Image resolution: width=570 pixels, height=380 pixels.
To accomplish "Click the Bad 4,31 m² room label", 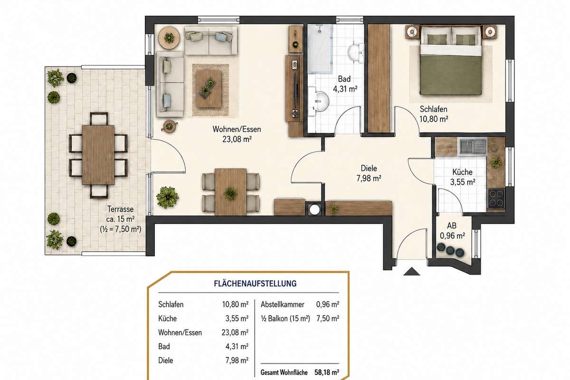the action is pyautogui.click(x=345, y=84).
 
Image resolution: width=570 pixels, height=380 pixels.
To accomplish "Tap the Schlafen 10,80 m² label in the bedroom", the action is pyautogui.click(x=434, y=114).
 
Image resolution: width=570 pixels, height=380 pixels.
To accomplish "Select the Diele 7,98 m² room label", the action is pyautogui.click(x=369, y=173).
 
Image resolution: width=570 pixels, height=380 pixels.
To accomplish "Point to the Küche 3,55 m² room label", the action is pyautogui.click(x=463, y=177).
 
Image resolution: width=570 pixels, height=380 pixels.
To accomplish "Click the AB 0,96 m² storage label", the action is pyautogui.click(x=452, y=230).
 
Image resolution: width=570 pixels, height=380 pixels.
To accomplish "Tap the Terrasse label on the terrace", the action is pyautogui.click(x=120, y=209).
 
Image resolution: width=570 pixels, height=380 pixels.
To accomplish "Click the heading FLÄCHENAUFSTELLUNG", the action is pyautogui.click(x=255, y=284).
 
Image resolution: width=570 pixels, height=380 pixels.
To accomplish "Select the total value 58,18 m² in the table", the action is pyautogui.click(x=327, y=372).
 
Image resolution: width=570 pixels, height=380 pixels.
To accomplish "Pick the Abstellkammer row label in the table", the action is pyautogui.click(x=283, y=304).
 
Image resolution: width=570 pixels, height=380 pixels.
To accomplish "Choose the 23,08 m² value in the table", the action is pyautogui.click(x=235, y=332).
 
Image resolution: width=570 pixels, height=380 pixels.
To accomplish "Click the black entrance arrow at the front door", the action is pyautogui.click(x=411, y=272).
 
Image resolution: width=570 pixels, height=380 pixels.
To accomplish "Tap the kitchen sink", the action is pyautogui.click(x=472, y=147).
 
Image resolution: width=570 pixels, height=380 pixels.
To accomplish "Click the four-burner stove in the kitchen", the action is pyautogui.click(x=496, y=199).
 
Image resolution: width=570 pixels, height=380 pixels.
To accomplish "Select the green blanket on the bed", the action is pyautogui.click(x=451, y=76).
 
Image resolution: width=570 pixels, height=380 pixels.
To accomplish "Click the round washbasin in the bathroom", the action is pyautogui.click(x=321, y=101).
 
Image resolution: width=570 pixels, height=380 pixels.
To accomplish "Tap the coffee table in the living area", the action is pyautogui.click(x=209, y=89).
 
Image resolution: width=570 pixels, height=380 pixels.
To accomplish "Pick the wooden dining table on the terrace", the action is pyautogui.click(x=98, y=155).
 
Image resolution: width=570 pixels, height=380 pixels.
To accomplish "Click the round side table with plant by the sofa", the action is pyautogui.click(x=169, y=38).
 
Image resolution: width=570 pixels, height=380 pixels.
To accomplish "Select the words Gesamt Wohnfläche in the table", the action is pyautogui.click(x=284, y=372).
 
